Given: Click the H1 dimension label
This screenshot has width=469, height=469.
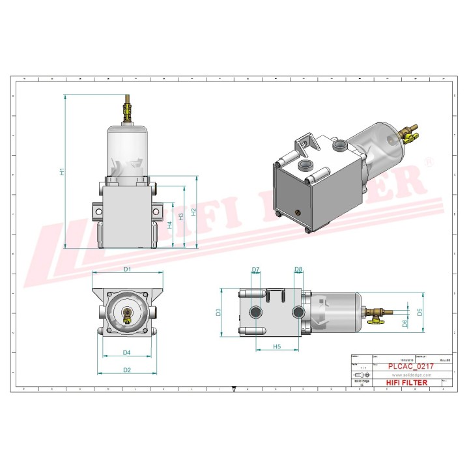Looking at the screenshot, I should click(x=62, y=172).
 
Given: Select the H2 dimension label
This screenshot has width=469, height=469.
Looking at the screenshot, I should click(x=193, y=213).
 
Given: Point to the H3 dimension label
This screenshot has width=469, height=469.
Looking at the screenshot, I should click(x=181, y=216).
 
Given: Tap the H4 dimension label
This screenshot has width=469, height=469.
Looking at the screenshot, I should click(x=169, y=225).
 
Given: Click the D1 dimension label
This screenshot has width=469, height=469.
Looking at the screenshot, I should click(x=128, y=268).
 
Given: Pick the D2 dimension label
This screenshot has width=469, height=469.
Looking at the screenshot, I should click(x=128, y=370).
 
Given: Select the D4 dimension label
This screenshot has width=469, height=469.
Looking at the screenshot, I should click(x=128, y=352).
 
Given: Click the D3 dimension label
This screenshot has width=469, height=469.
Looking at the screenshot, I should click(x=219, y=312).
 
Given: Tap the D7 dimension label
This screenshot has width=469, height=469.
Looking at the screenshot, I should click(x=255, y=269).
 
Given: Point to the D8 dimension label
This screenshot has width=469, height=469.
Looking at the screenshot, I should click(x=298, y=269).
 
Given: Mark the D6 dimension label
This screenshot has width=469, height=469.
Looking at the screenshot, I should click(x=405, y=322).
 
